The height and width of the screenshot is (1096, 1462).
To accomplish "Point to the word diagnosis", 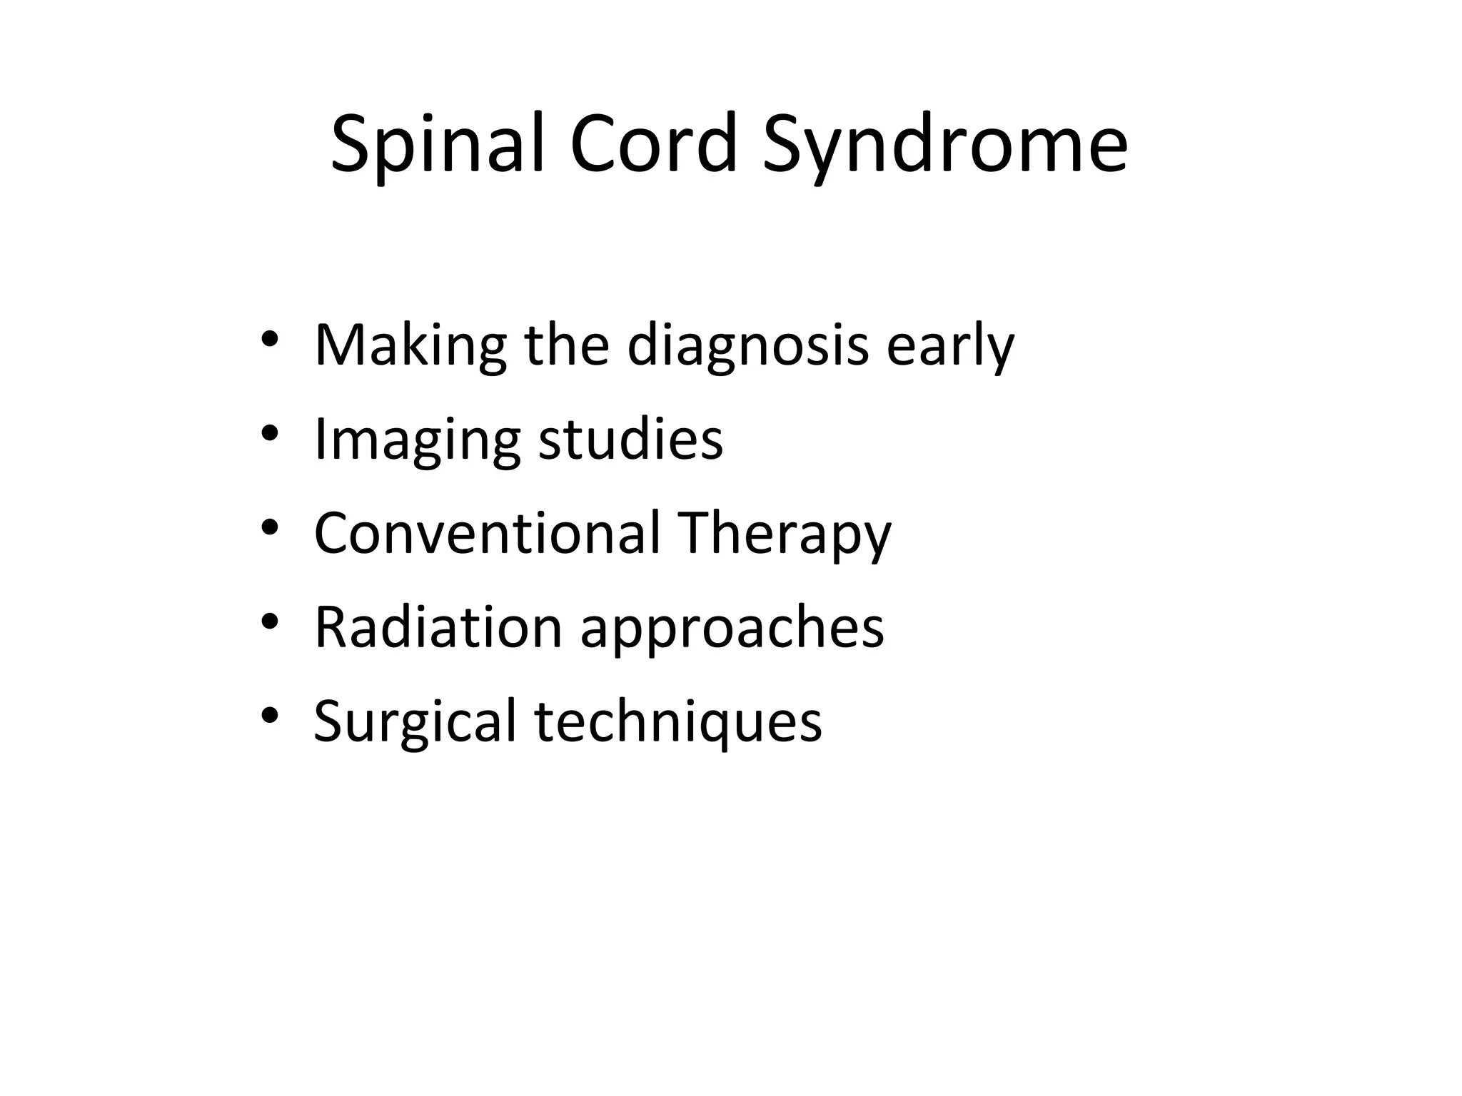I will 747,346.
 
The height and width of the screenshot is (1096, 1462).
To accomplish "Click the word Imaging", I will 417,440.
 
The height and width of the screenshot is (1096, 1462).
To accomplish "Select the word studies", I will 630,440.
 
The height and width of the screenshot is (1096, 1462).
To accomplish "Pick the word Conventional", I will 487,533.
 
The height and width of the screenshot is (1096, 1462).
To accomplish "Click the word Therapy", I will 785,533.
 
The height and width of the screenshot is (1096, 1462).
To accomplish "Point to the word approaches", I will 732,627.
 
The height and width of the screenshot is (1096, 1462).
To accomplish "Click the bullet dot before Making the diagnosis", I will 269,340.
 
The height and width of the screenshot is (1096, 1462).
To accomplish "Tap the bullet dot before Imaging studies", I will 269,434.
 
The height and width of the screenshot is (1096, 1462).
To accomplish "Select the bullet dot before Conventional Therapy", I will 269,527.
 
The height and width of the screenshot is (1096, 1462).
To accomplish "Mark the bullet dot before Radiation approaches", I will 269,621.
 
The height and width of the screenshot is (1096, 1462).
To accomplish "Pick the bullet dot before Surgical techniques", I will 269,715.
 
